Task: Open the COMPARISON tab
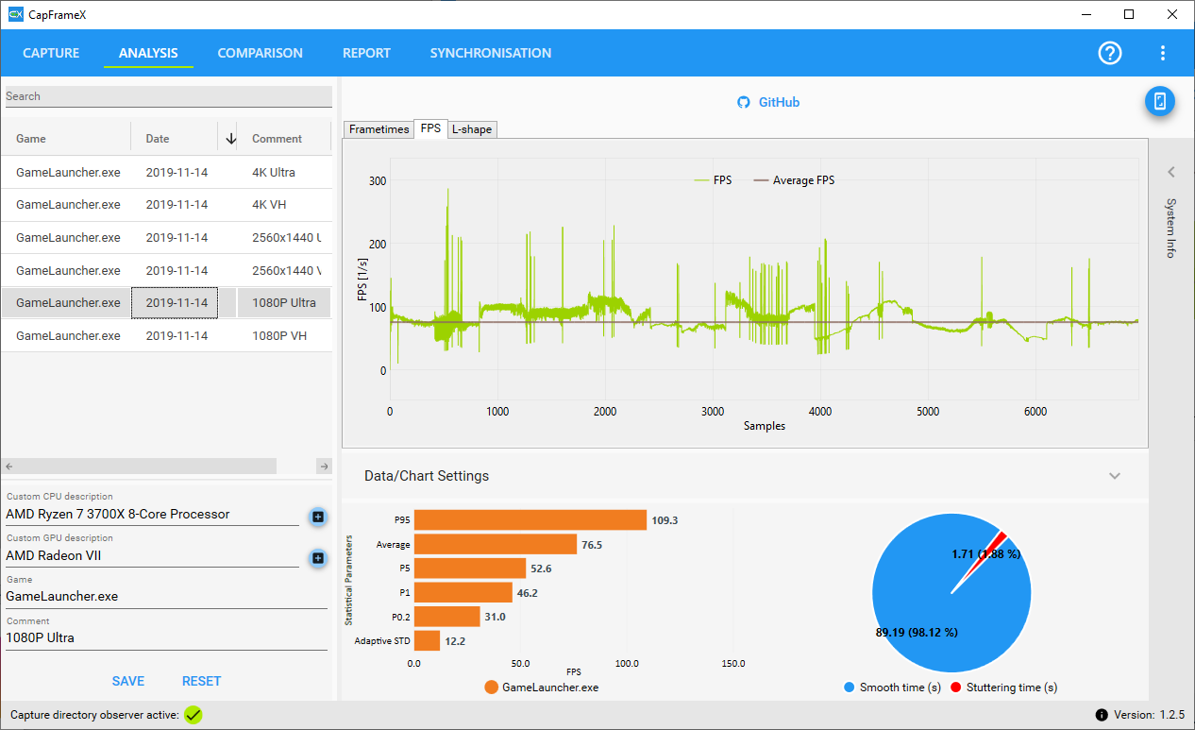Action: click(x=260, y=53)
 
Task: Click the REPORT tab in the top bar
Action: click(x=366, y=53)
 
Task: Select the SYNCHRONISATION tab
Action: click(x=491, y=53)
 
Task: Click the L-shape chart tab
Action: click(x=472, y=129)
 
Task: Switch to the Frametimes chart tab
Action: click(x=379, y=129)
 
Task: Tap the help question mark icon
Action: click(x=1110, y=54)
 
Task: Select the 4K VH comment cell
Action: click(x=269, y=205)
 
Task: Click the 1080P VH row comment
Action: click(x=279, y=336)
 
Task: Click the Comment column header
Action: click(x=277, y=139)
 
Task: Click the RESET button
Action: click(x=201, y=681)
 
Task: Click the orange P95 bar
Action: click(x=530, y=520)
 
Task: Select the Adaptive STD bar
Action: click(x=427, y=641)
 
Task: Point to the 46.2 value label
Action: click(x=527, y=593)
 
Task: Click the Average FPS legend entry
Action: click(x=794, y=180)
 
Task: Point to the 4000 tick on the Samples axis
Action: click(x=820, y=412)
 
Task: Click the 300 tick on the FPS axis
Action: click(x=378, y=181)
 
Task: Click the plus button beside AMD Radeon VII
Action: click(x=318, y=558)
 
